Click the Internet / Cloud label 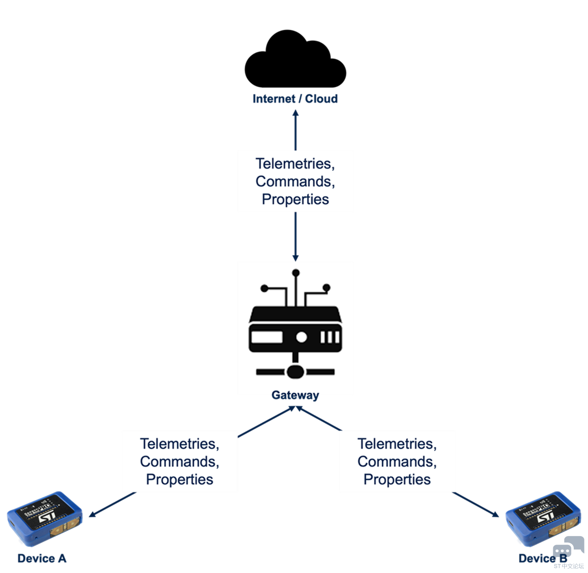[x=295, y=99]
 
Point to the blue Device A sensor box [x=45, y=519]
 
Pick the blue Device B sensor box [x=543, y=519]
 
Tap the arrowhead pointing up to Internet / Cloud [x=295, y=113]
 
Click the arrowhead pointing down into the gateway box [x=295, y=257]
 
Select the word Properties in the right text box [x=397, y=480]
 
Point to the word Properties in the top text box [x=295, y=199]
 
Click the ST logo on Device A [x=46, y=519]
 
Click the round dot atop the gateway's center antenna [x=295, y=273]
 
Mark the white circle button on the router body [x=302, y=337]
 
